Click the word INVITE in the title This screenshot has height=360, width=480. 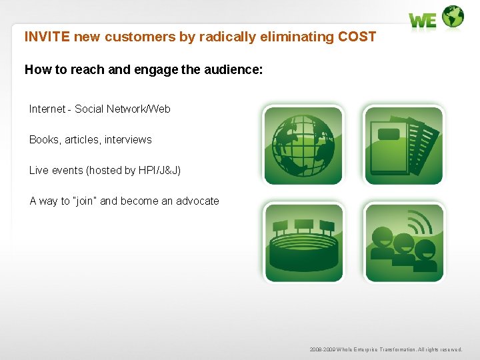click(x=47, y=37)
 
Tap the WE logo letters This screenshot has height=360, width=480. click(x=423, y=21)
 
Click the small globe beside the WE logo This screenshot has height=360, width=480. click(x=453, y=17)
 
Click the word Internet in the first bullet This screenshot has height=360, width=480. click(x=47, y=109)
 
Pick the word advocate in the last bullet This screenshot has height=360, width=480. click(x=197, y=201)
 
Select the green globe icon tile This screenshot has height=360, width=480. click(x=303, y=145)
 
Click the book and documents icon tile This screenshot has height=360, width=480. click(x=403, y=145)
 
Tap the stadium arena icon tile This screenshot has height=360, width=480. click(x=303, y=243)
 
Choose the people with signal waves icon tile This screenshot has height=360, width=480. click(x=403, y=243)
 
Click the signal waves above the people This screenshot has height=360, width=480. click(x=420, y=221)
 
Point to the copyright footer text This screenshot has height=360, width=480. click(x=385, y=349)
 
